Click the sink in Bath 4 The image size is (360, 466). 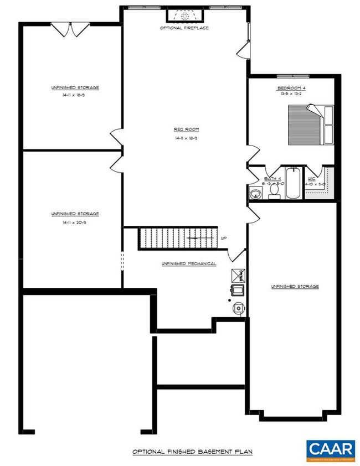[x=256, y=194]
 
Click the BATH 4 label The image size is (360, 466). [x=272, y=178]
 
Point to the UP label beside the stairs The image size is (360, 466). [x=224, y=239]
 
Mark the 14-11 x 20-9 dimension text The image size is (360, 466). [x=75, y=222]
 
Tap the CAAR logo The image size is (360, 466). [x=331, y=449]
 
